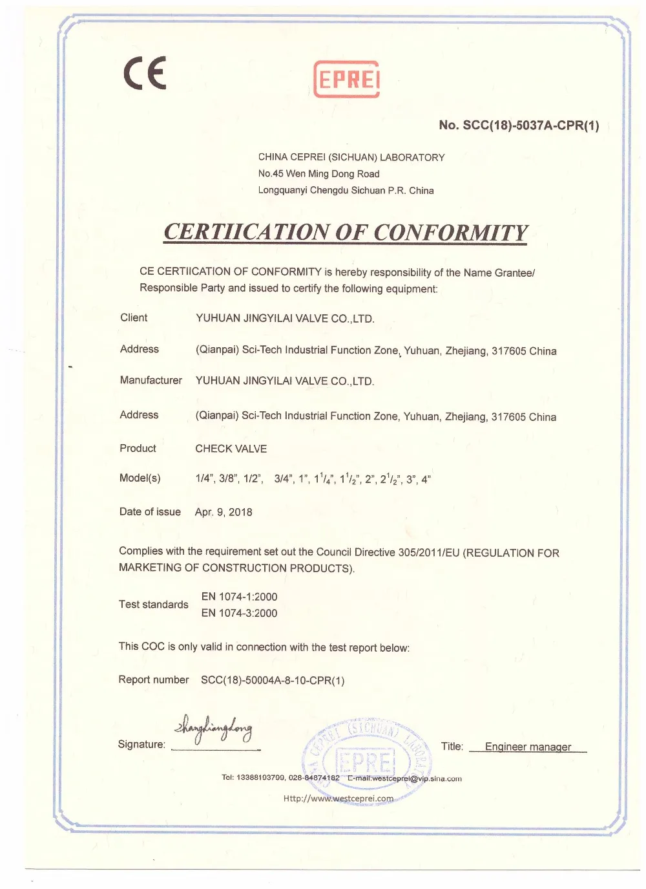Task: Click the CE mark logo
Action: coord(145,72)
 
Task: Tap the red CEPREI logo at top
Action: coord(346,79)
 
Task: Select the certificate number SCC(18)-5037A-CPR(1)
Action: coord(519,125)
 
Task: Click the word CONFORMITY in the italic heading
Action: coord(450,232)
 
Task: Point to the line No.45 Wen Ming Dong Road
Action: coord(318,173)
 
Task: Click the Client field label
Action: coord(134,317)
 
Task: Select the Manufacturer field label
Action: coord(151,380)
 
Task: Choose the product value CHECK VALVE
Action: coord(231,449)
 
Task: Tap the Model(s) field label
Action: coord(140,478)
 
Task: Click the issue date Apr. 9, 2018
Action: coord(224,512)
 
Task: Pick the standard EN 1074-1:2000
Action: coord(239,597)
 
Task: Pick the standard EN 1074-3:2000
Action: coord(239,613)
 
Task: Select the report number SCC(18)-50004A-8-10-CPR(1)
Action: coord(273,680)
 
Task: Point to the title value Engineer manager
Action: coord(528,747)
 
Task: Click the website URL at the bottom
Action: coord(338,798)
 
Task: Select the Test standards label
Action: coord(154,605)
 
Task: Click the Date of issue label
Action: coord(150,511)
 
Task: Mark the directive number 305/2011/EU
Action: coord(429,552)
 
